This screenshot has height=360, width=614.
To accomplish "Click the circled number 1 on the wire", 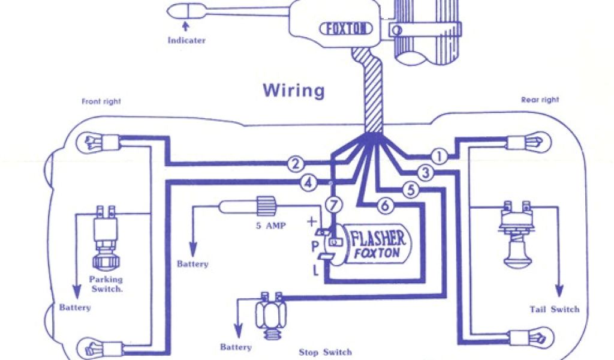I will pyautogui.click(x=440, y=157).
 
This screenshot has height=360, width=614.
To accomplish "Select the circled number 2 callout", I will pyautogui.click(x=294, y=163).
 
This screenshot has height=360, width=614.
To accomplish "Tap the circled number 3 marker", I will pyautogui.click(x=425, y=173).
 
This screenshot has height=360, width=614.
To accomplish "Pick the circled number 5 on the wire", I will pyautogui.click(x=410, y=190).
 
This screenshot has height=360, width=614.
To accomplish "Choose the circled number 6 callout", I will pyautogui.click(x=385, y=206).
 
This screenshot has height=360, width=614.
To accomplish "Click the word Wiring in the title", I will pyautogui.click(x=294, y=91).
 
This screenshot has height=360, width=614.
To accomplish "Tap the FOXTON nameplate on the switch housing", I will pyautogui.click(x=348, y=29).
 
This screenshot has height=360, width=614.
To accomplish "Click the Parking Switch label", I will pyautogui.click(x=106, y=284).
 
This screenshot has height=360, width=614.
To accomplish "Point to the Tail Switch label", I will pyautogui.click(x=555, y=310).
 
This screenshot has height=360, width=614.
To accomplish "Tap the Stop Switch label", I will pyautogui.click(x=325, y=352).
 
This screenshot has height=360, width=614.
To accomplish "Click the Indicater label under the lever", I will pyautogui.click(x=186, y=41).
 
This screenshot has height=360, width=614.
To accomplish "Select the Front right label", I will pyautogui.click(x=101, y=102).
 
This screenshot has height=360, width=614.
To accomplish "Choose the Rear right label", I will pyautogui.click(x=540, y=100).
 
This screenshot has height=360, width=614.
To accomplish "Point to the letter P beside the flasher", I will pyautogui.click(x=314, y=246).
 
